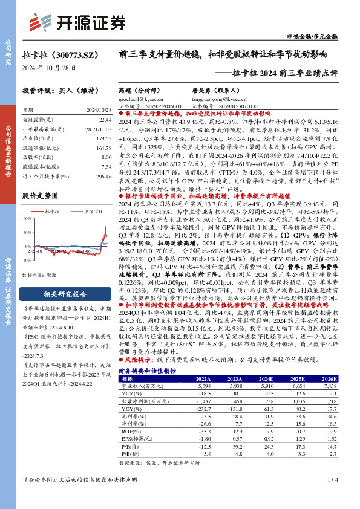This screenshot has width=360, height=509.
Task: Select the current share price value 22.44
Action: [104, 120]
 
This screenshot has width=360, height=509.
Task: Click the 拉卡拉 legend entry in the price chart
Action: [54, 212]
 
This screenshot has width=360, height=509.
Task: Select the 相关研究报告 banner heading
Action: [66, 294]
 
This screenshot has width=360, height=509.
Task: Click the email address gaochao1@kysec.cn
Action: [140, 98]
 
